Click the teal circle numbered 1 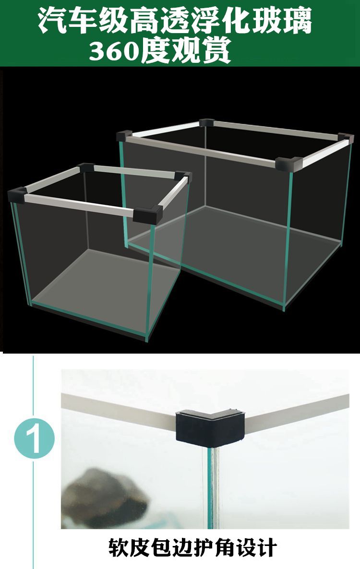[35, 439]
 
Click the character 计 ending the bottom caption [266, 547]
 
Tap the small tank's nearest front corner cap [147, 215]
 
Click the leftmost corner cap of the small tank [17, 195]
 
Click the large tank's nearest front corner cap [289, 164]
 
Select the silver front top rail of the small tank [80, 204]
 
